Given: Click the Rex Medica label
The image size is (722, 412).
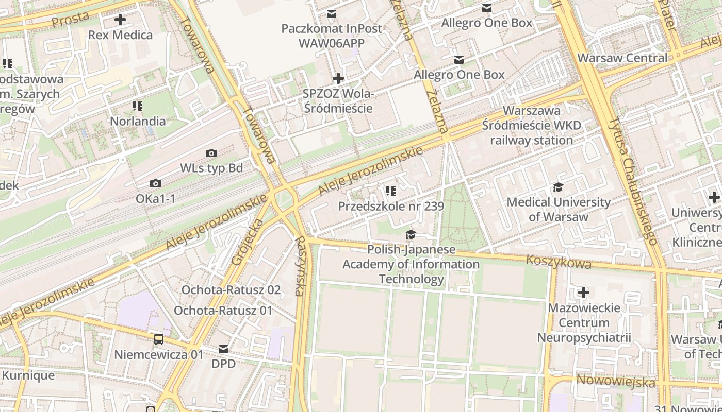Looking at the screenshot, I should click(120, 35).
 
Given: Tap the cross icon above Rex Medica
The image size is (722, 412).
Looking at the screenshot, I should click(120, 20).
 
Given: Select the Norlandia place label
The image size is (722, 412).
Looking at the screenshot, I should click(138, 121).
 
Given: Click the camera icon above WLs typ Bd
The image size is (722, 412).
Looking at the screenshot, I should click(211, 153).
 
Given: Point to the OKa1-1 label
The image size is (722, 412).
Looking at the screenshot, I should click(155, 198).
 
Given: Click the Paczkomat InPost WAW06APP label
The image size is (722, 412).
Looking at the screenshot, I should click(332, 36).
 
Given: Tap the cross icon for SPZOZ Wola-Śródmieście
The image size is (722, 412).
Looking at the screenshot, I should click(338, 78).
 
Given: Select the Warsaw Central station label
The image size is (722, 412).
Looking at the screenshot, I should click(622, 58).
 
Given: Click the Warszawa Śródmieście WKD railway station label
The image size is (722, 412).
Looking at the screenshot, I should click(531, 125).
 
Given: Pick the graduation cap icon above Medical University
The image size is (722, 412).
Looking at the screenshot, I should click(558, 187).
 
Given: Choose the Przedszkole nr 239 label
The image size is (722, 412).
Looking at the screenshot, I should click(391, 206).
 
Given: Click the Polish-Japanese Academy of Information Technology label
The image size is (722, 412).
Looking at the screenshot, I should click(411, 264).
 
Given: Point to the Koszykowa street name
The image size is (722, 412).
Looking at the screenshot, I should click(559, 262).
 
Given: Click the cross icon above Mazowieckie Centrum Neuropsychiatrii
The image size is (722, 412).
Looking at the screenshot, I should click(584, 293).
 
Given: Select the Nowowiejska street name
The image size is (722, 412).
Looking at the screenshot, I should click(615, 382).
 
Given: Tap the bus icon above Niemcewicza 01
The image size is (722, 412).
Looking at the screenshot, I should click(159, 339).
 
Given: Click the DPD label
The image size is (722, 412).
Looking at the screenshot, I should click(223, 364).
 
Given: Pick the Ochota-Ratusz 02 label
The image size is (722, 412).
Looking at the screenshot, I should click(231, 290).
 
